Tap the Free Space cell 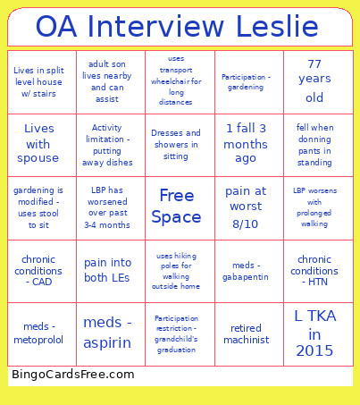[176, 207]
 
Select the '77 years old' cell [314, 81]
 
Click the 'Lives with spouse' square [38, 144]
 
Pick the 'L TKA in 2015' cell [314, 333]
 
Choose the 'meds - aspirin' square [107, 333]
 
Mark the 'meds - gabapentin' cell [246, 270]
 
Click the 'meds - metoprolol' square [38, 333]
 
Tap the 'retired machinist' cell [246, 333]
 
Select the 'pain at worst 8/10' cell [246, 207]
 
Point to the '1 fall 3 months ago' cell [246, 144]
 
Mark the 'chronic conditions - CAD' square [38, 270]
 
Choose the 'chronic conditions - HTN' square [314, 270]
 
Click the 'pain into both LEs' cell [107, 270]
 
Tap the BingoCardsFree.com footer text [73, 375]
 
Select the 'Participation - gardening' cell [246, 81]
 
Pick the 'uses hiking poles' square [176, 270]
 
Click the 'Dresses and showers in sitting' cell [176, 144]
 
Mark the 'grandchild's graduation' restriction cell [176, 333]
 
